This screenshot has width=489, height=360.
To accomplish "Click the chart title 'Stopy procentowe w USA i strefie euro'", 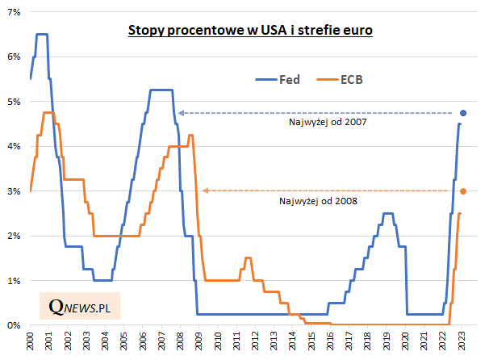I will pos(250,31).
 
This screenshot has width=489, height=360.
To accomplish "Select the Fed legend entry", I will pos(278,79).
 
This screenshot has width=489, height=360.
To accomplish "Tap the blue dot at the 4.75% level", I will pos(463,112).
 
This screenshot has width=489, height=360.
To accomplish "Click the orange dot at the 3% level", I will pos(463,191).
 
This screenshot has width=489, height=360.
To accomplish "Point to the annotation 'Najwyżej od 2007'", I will pos(322,123).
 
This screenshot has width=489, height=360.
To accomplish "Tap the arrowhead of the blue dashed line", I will pos(181,112).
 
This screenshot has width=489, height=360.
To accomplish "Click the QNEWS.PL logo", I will pos(79,308).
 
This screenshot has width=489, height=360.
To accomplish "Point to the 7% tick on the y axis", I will pos(15,12).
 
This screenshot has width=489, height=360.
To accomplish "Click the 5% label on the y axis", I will pos(15,102).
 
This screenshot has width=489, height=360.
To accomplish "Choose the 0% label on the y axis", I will pos(15,325).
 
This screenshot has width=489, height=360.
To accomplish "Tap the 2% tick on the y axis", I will pos(15,236).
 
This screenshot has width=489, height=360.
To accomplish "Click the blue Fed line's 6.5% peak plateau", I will pos(41,34).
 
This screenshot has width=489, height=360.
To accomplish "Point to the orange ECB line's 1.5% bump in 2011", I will pos(248,258).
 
